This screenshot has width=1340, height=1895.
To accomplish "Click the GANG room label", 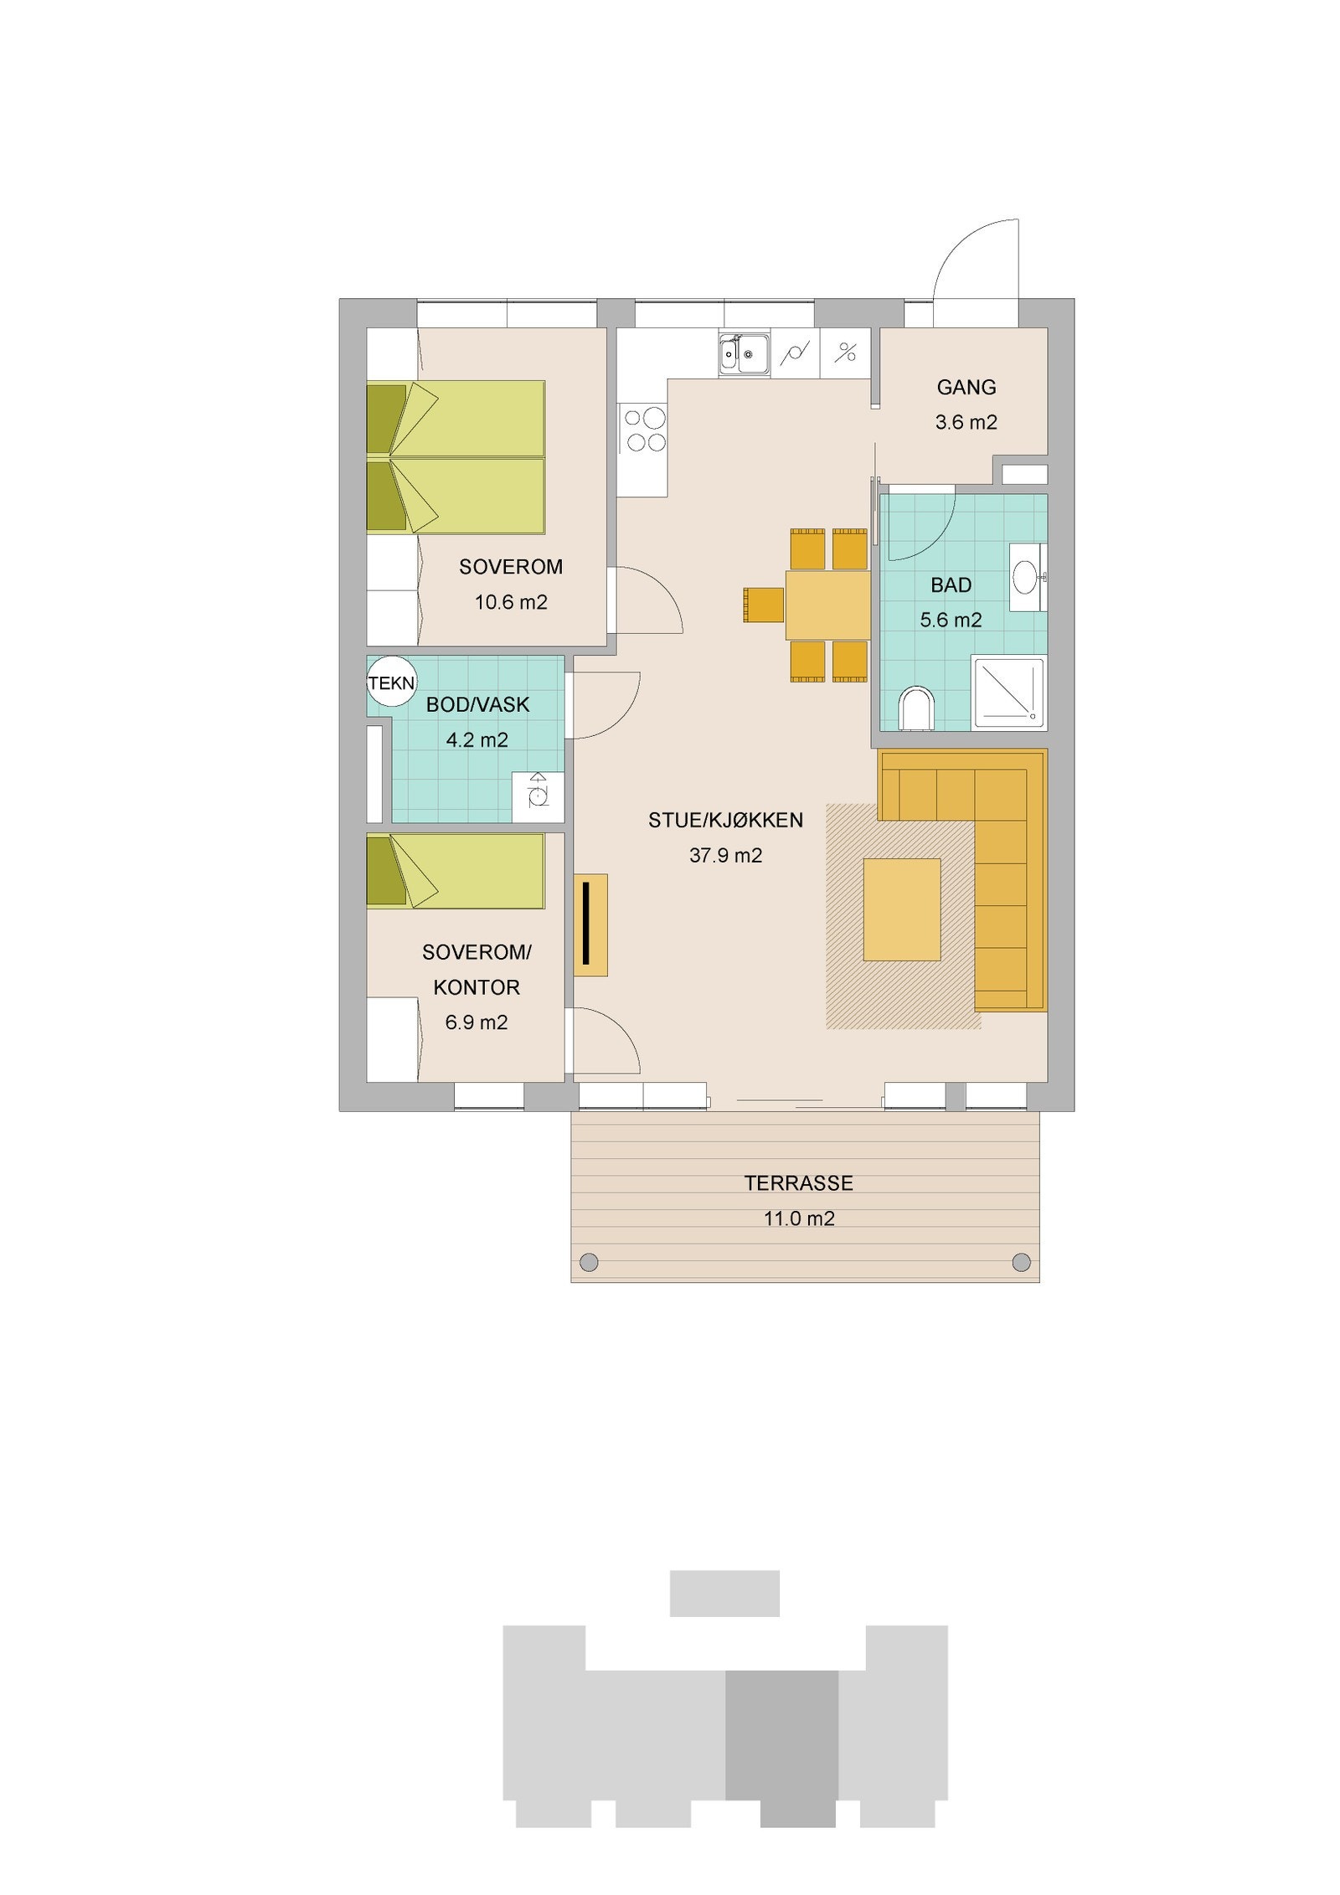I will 966,387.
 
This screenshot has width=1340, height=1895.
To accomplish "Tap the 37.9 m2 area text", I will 725,855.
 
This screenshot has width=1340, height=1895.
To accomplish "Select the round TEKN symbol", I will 392,682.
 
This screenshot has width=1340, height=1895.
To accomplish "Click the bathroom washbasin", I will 1024,576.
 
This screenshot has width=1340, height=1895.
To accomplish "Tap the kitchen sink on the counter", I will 744,354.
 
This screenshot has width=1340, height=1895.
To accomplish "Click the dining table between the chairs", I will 827,605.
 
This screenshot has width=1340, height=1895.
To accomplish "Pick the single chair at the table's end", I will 764,605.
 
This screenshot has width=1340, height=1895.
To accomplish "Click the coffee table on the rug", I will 902,909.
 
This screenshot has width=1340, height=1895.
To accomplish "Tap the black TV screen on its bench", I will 588,923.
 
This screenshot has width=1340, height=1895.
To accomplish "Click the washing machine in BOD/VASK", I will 536,790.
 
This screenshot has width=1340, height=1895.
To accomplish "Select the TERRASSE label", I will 798,1182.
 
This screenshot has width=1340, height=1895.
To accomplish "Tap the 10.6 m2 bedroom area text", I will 511,601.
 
